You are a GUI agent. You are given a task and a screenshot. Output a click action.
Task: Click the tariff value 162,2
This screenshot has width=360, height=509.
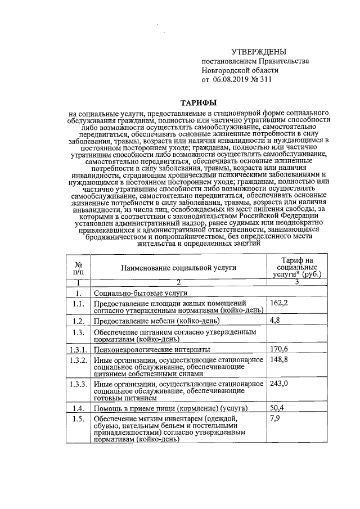pyautogui.click(x=279, y=303)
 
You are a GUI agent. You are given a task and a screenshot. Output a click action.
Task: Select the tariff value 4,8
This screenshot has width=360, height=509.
pyautogui.click(x=275, y=320)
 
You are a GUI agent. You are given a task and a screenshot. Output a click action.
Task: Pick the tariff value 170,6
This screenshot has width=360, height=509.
pyautogui.click(x=279, y=349)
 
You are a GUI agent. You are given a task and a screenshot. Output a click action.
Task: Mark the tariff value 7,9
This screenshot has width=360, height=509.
pyautogui.click(x=275, y=418)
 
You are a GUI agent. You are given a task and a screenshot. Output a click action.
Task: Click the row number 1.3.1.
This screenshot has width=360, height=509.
pyautogui.click(x=79, y=349)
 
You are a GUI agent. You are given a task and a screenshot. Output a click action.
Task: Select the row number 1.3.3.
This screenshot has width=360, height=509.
pyautogui.click(x=79, y=384)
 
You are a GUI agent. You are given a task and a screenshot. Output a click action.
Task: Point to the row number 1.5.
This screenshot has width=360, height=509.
pyautogui.click(x=79, y=419)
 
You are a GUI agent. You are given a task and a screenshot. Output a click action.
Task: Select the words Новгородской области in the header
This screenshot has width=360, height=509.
pyautogui.click(x=240, y=70)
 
